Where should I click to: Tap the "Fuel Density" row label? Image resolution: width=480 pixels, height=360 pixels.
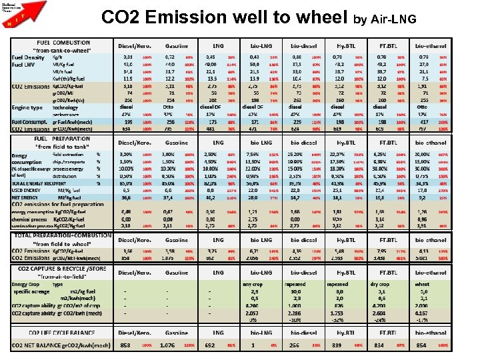pos(28,57)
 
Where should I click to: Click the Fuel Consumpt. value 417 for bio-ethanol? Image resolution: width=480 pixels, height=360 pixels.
pos(422,122)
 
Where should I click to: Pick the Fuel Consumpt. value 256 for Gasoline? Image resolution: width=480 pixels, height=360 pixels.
pos(170,122)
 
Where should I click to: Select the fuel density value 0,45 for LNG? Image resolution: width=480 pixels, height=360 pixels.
pos(211,57)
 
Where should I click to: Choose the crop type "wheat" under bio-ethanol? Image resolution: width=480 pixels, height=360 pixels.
pos(422,285)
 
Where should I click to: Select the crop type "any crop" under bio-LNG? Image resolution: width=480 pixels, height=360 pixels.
pos(253,285)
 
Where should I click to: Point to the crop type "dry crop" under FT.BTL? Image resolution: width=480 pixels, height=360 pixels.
pos(379,285)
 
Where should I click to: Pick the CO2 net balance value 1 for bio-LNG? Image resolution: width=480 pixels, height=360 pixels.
pos(253,346)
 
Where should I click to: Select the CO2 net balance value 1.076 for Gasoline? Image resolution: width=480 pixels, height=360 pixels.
pos(170,346)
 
